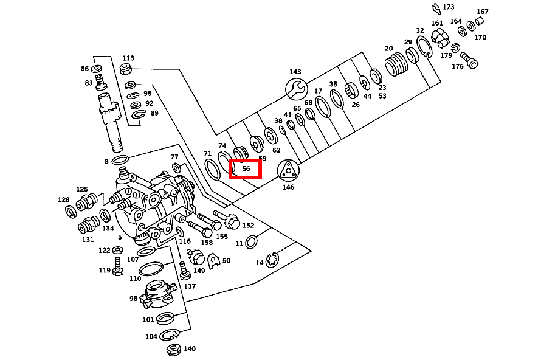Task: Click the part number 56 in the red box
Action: [x=246, y=169]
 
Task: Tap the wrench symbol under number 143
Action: [x=295, y=89]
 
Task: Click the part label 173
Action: [x=449, y=7]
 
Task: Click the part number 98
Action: [x=133, y=299]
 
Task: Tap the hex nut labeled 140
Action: [x=173, y=350]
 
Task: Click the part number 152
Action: [x=248, y=226]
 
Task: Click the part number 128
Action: [x=64, y=200]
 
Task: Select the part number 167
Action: [x=483, y=12]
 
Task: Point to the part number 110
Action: [x=135, y=279]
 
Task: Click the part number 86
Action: [x=84, y=69]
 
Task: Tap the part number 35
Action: [x=333, y=85]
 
